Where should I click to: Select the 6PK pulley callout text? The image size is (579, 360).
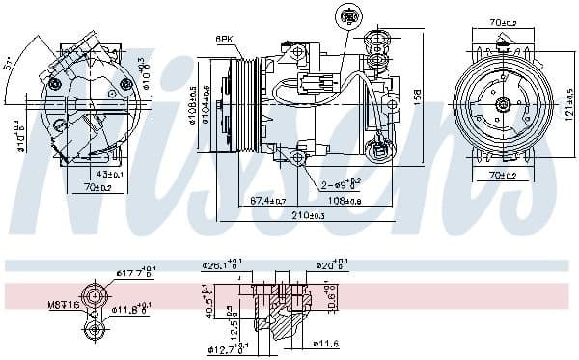224,39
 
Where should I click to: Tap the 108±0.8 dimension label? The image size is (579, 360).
343,201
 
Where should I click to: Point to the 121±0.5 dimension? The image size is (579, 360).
569,103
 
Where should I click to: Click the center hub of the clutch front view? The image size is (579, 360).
504,104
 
